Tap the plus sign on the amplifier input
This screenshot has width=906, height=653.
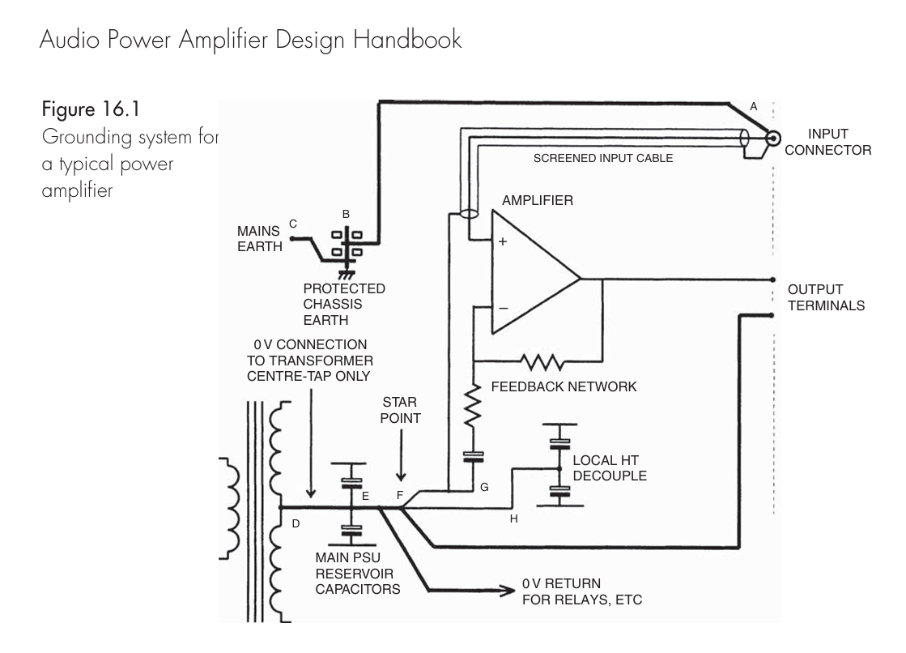coord(503,241)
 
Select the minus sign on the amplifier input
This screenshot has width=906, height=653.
coord(504,309)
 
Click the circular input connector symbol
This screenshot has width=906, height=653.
coord(772,139)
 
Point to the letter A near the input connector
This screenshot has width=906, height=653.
coord(754,106)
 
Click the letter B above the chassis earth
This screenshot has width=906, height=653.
coord(346,214)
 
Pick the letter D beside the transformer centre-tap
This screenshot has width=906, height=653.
coord(296,523)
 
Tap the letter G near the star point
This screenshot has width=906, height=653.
coord(484,487)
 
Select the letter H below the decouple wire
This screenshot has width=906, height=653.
coord(513,519)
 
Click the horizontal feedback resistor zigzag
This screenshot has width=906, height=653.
coord(542,362)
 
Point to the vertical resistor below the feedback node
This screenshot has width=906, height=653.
coord(473,405)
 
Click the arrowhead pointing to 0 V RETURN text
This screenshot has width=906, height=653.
coord(507,591)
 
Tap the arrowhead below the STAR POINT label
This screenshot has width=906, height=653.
coord(401,476)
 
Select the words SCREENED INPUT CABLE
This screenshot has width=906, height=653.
coord(602,158)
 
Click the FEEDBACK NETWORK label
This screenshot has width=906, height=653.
coord(564,386)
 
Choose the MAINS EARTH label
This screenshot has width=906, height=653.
coord(259,238)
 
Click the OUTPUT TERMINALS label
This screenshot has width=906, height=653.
coord(827,297)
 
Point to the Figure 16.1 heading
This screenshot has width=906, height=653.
coord(91,109)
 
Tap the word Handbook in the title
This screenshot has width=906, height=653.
coord(407,40)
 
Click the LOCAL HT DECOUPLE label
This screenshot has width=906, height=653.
coord(610,468)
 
